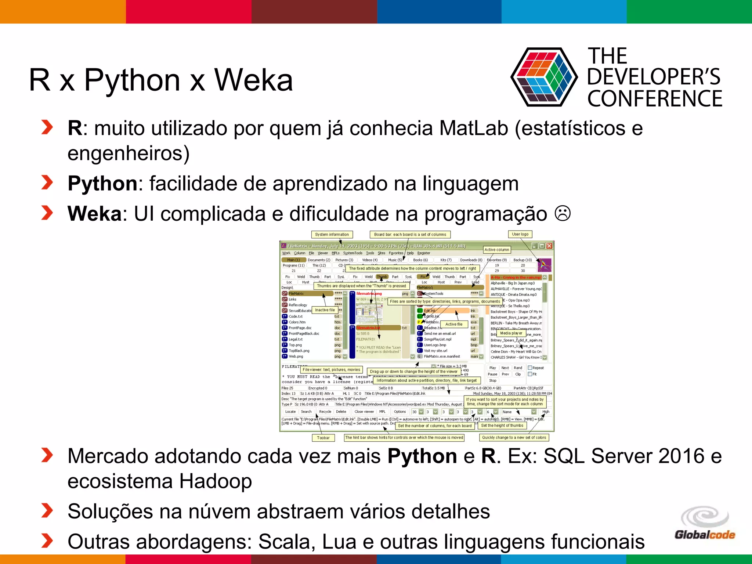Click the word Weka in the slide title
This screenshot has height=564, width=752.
pos(253,80)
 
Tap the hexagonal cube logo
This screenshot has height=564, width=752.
pos(544,77)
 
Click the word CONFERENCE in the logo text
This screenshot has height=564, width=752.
pos(655,99)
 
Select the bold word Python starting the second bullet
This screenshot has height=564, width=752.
pos(102,184)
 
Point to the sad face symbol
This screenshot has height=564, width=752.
pos(562,213)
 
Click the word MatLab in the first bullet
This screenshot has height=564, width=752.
pos(474,129)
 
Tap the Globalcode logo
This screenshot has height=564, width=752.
pos(705,523)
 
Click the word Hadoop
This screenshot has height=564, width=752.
pos(216,481)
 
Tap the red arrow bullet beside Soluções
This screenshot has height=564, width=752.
pos(47,511)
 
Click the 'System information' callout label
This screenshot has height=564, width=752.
pos(332,235)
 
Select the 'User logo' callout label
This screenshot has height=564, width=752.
pos(520,234)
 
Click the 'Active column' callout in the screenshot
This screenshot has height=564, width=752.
pos(496,250)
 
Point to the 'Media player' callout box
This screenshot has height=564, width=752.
pos(511,333)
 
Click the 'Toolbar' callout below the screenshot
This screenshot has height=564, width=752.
pos(323,438)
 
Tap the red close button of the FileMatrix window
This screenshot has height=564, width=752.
pos(549,246)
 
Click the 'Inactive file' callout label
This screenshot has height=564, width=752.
pos(325,310)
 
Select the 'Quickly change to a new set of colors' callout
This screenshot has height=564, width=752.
pos(514,438)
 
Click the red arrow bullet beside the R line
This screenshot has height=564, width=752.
pos(47,127)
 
